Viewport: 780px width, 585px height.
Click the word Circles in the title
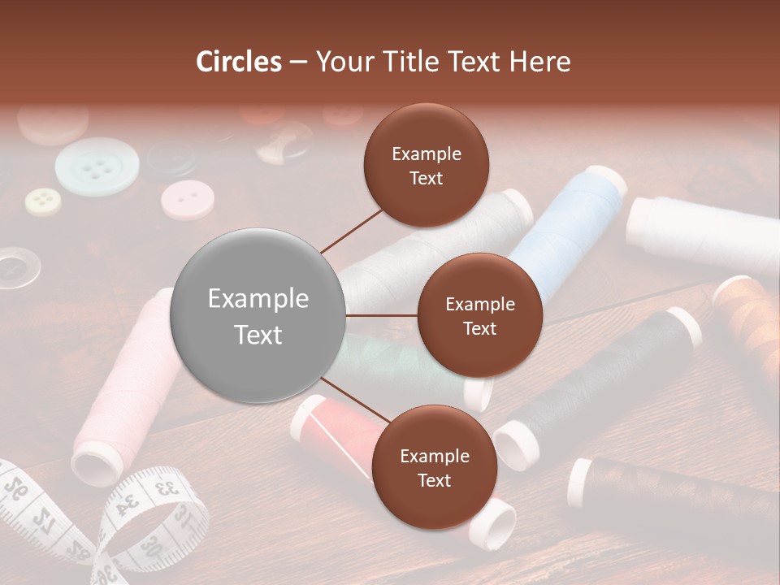pyautogui.click(x=238, y=62)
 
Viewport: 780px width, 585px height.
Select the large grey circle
pyautogui.click(x=258, y=316)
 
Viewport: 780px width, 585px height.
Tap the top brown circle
pyautogui.click(x=426, y=166)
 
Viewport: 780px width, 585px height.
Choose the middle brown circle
pyautogui.click(x=479, y=316)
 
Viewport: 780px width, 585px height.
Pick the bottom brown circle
pyautogui.click(x=434, y=468)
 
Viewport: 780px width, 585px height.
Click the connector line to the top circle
pyautogui.click(x=352, y=230)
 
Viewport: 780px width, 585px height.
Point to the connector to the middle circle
pyautogui.click(x=381, y=315)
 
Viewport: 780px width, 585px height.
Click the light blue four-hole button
pyautogui.click(x=97, y=167)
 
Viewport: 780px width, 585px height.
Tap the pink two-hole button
pyautogui.click(x=187, y=200)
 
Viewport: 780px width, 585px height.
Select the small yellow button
pyautogui.click(x=42, y=201)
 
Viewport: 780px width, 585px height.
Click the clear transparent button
pyautogui.click(x=16, y=267)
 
